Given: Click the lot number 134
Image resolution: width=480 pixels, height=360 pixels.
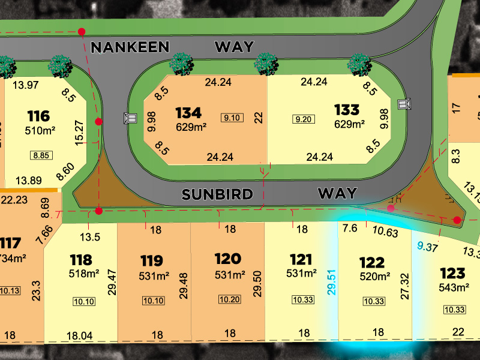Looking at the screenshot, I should (x=188, y=112).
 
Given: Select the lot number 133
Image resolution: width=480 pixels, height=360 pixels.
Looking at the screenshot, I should (x=347, y=110).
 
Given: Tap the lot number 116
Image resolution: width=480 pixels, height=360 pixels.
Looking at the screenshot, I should (x=38, y=116).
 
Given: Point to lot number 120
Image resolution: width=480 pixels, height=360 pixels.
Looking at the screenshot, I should (x=228, y=259).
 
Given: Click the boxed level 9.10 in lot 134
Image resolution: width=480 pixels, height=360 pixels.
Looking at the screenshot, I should (x=232, y=118).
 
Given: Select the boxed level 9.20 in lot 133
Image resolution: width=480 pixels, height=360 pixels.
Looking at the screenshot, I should (x=303, y=119).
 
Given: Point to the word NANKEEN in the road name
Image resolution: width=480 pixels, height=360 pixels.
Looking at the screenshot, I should (x=130, y=46).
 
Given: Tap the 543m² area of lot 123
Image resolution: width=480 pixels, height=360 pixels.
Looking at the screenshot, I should (x=454, y=287).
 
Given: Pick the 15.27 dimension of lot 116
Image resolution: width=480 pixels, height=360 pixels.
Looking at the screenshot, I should (x=77, y=132).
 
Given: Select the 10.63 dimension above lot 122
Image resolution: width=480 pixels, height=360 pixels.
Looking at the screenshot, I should (x=385, y=232).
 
